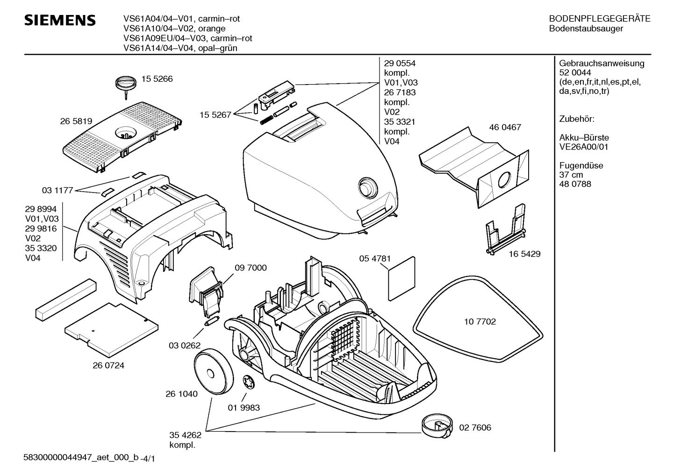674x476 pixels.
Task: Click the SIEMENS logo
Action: click(60, 21)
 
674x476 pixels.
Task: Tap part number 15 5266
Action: click(157, 79)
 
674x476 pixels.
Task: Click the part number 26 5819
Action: click(76, 121)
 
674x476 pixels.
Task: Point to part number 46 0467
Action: click(505, 127)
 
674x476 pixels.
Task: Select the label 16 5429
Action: click(524, 254)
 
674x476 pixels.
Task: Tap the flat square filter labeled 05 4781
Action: click(402, 278)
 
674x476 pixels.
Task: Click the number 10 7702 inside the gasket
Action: click(480, 321)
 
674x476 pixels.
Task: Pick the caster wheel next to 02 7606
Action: click(437, 427)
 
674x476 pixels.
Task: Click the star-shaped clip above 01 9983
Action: click(249, 383)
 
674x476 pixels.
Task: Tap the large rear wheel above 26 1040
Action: click(214, 373)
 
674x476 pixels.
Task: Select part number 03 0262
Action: click(185, 346)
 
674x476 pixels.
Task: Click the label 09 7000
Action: click(251, 268)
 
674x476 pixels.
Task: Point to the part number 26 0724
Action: click(108, 365)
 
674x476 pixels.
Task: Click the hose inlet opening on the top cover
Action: click(368, 188)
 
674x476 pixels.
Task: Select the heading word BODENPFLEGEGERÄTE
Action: click(600, 19)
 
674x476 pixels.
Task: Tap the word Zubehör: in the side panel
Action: click(576, 119)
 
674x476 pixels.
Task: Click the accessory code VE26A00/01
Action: click(583, 147)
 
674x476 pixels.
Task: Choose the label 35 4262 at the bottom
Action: click(185, 435)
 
